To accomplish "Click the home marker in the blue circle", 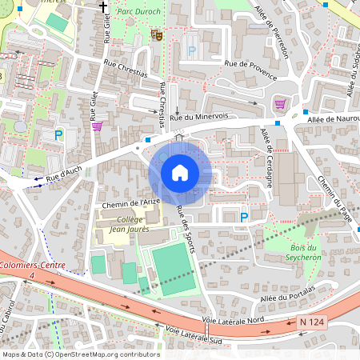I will [x=180, y=173].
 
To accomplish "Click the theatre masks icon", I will [x=156, y=35].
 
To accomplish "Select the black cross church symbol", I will [x=102, y=7].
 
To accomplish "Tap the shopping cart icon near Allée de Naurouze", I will [x=280, y=104].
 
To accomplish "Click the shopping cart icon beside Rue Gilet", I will [x=97, y=126].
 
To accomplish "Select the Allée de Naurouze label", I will [x=333, y=118].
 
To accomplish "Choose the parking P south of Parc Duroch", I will [x=191, y=51].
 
